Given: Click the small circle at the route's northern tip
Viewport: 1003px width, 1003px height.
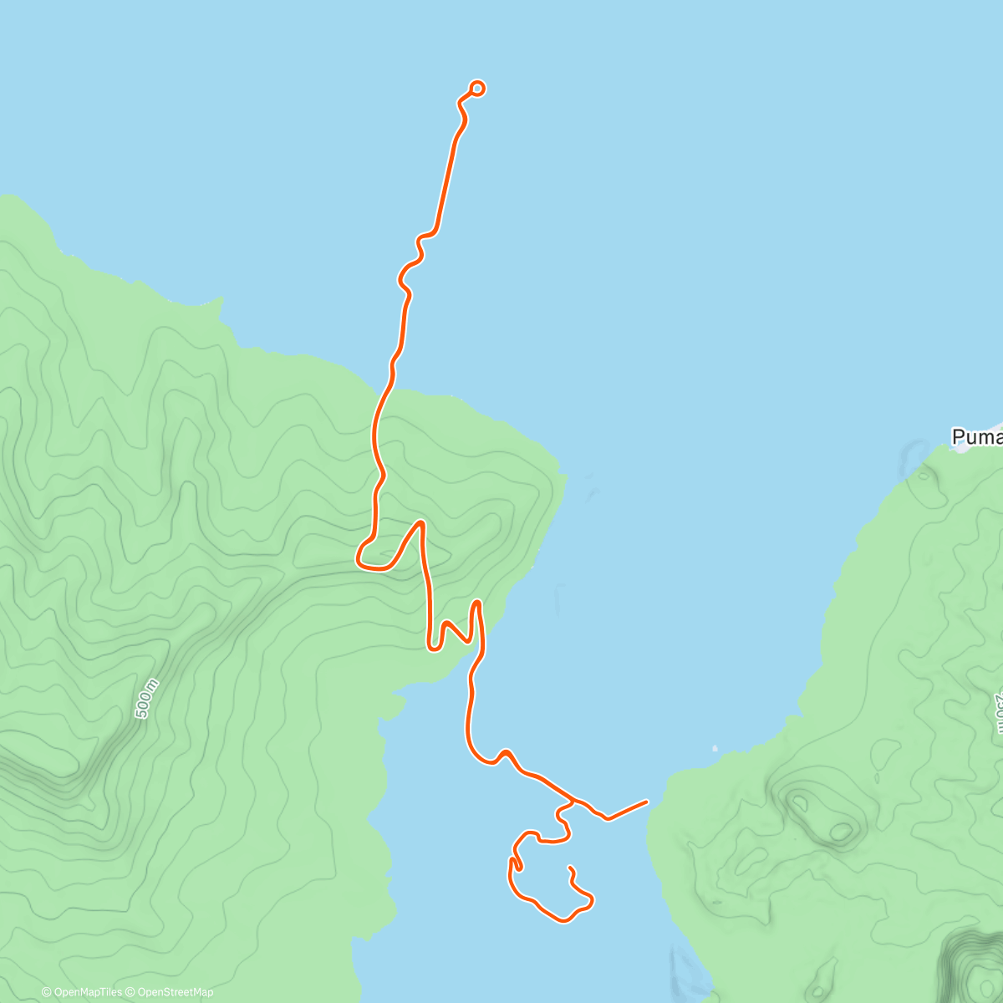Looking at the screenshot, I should [478, 88].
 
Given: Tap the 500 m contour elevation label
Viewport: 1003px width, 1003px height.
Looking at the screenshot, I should [146, 699].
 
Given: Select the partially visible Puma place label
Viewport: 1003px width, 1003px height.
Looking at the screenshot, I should [976, 437].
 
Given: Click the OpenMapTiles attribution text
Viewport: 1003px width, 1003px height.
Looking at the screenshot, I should [88, 992].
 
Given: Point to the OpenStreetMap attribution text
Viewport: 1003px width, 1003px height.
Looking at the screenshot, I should [176, 992].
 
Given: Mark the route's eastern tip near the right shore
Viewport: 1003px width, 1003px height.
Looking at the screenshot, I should [646, 802].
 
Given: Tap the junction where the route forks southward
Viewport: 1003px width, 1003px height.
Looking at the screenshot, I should [573, 801].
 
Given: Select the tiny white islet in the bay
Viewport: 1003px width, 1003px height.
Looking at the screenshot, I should [715, 748].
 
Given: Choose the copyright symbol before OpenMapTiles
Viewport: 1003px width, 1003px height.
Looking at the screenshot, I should [47, 992].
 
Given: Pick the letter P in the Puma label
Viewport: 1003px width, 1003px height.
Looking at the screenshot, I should [959, 437].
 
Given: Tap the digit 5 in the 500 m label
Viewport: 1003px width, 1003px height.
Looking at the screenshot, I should [140, 712].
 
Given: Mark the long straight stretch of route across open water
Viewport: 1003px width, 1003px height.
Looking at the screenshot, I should [445, 180].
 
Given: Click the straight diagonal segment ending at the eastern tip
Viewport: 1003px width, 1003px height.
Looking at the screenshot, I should [627, 810].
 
